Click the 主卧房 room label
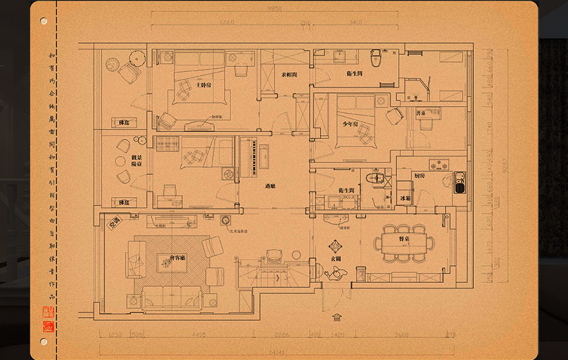203,85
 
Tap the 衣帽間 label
290,75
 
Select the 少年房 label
351,124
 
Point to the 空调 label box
115,222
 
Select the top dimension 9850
274,9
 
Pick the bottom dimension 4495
199,335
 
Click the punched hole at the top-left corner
44,21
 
